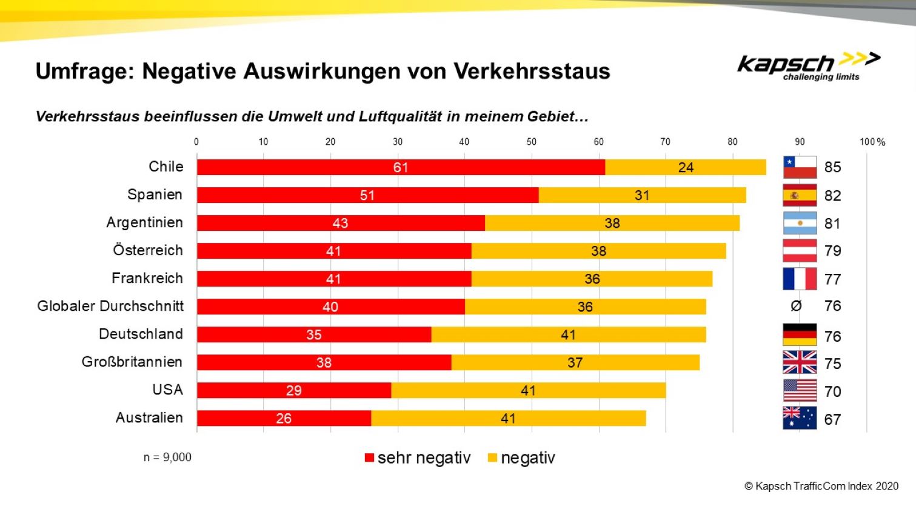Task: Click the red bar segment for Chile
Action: coord(400,167)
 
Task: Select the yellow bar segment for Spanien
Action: coord(641,195)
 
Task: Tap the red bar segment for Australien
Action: coord(283,418)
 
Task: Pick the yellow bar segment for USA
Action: coord(527,390)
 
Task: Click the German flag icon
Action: coord(799,335)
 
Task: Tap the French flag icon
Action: coord(799,279)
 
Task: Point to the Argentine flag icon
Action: coord(799,223)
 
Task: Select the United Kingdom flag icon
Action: coord(799,363)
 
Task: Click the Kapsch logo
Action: coord(807,65)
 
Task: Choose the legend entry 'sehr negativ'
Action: coord(418,458)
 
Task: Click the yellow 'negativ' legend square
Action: coord(492,458)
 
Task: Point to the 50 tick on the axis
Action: coord(531,142)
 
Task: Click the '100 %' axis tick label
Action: coord(872,142)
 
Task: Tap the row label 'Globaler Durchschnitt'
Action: coord(110,306)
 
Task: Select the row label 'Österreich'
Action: coord(147,250)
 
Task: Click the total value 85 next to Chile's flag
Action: coord(832,167)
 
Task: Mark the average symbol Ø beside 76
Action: coord(796,306)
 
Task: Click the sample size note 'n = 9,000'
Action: coord(167,457)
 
